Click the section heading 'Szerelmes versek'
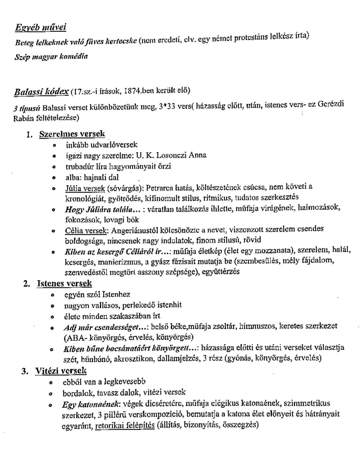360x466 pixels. (x=72, y=134)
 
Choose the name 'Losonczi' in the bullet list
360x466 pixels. (x=171, y=155)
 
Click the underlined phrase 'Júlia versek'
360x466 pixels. (x=85, y=188)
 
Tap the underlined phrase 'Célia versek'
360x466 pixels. (x=86, y=230)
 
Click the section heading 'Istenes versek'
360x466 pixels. (x=64, y=283)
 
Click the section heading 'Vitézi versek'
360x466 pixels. (x=61, y=370)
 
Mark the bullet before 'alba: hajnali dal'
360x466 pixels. (x=53, y=178)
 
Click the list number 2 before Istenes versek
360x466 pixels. (x=27, y=284)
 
